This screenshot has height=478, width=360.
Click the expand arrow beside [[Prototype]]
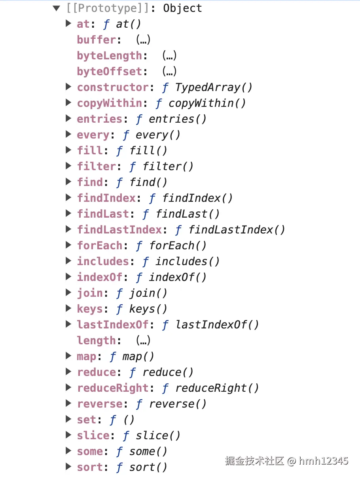[57, 8]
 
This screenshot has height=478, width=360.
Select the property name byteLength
[109, 56]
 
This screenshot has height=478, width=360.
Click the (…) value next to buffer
[143, 40]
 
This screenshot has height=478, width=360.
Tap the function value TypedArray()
[214, 87]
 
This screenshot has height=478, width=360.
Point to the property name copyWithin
[109, 103]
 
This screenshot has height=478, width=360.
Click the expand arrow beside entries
[68, 118]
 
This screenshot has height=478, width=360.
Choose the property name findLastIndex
[119, 230]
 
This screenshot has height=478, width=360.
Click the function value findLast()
[188, 214]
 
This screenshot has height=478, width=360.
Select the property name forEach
[100, 246]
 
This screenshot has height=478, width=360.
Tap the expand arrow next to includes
[68, 261]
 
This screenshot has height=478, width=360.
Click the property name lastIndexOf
[113, 325]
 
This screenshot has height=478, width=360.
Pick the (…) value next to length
[143, 340]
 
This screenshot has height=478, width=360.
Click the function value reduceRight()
[217, 388]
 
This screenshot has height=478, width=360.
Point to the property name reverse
[100, 404]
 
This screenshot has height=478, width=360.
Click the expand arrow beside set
[68, 419]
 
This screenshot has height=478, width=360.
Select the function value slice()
[158, 436]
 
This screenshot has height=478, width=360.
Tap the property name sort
[90, 467]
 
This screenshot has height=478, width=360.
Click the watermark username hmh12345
[324, 461]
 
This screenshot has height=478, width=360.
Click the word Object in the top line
[182, 8]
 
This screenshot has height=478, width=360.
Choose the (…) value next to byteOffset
[169, 72]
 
